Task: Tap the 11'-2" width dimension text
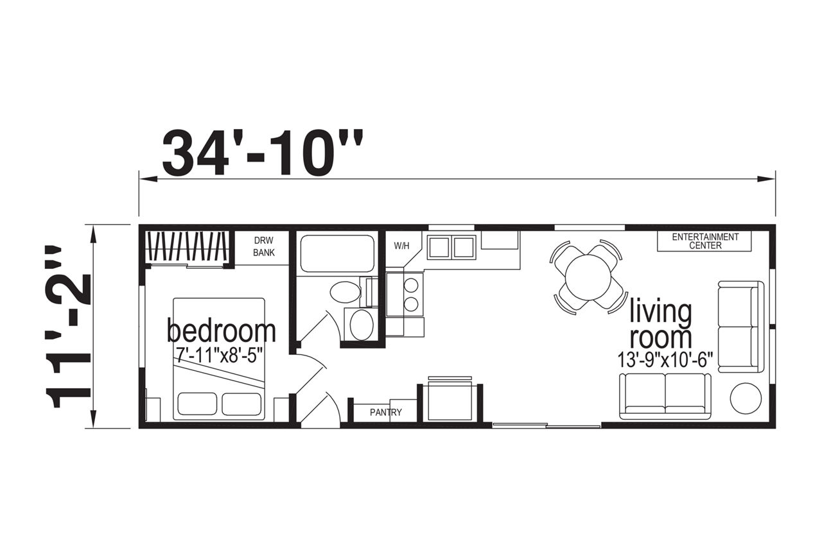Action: click(68, 326)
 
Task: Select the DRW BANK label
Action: click(263, 246)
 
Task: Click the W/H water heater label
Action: click(401, 246)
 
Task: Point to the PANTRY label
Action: click(386, 413)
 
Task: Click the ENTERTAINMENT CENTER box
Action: click(704, 241)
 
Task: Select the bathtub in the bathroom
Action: click(337, 253)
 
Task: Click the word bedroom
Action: click(222, 331)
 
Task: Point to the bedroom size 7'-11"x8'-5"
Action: click(220, 355)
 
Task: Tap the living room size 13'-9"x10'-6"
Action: click(665, 360)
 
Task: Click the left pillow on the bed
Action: click(197, 404)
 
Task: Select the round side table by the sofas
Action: click(746, 398)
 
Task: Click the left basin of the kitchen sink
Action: click(440, 247)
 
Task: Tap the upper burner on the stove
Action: click(412, 285)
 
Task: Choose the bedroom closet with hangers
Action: click(189, 246)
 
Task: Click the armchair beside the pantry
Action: click(450, 400)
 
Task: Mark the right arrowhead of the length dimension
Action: click(767, 179)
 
